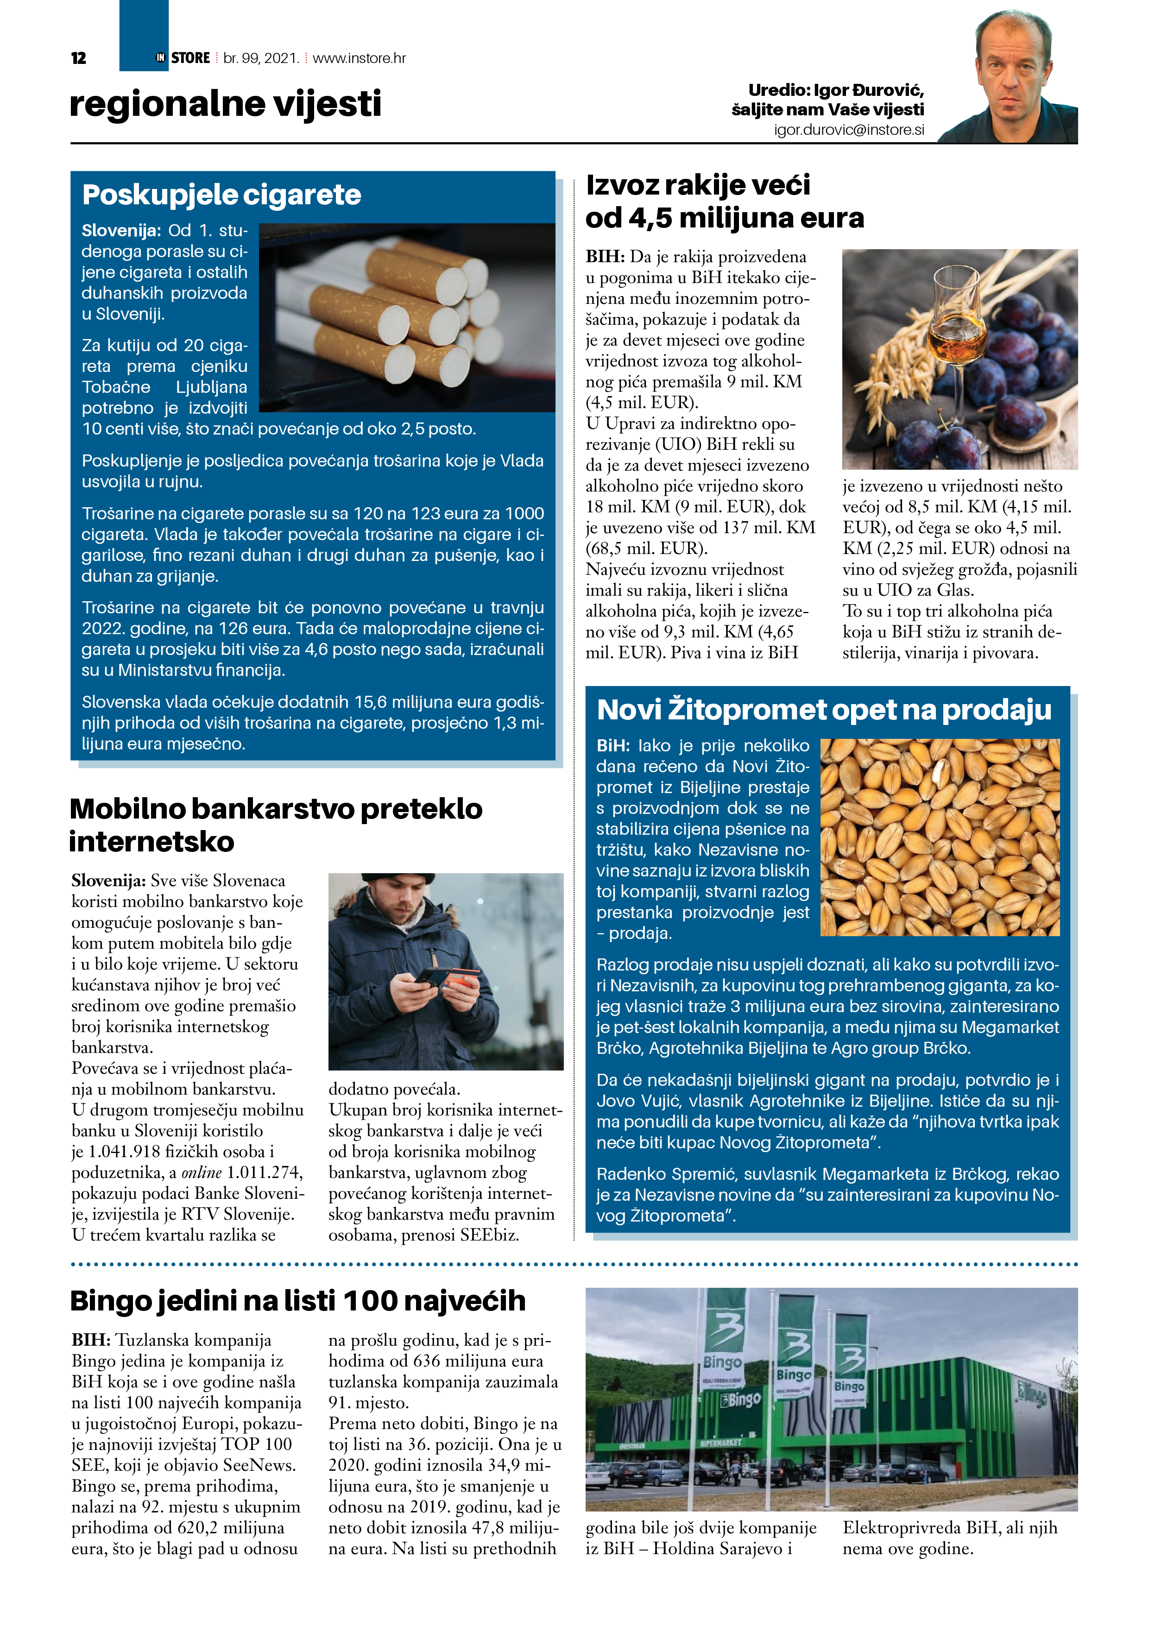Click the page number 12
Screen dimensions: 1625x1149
tap(79, 58)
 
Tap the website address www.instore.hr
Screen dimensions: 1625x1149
tap(359, 58)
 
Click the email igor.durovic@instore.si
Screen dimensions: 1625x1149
tap(848, 130)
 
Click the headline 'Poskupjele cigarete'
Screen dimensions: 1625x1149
tap(221, 195)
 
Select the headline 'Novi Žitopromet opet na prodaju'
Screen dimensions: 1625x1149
tap(824, 709)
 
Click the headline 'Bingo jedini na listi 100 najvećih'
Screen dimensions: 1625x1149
tap(298, 1301)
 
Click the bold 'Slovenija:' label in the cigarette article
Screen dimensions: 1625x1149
tap(121, 231)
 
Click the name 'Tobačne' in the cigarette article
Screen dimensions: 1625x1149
tap(116, 387)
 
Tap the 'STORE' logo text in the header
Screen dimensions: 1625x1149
tap(190, 58)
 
